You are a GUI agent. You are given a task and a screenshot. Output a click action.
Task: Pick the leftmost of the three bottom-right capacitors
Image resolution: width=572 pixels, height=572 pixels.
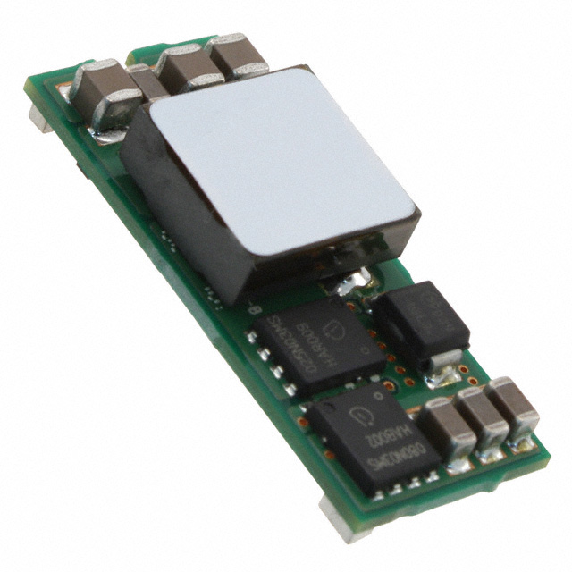click(x=446, y=427)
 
